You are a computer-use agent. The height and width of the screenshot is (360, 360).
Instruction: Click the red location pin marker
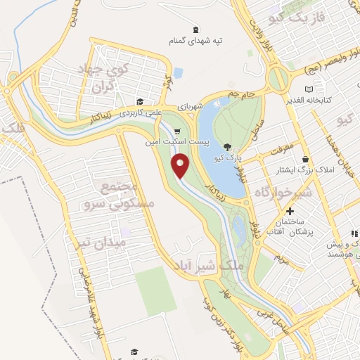point(181,166)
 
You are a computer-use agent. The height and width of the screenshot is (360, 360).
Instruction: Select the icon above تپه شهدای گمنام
point(195,29)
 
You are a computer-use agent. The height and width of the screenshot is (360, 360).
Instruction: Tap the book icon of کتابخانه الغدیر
point(310,89)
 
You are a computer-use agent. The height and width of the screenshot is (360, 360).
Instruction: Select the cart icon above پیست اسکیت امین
point(177,131)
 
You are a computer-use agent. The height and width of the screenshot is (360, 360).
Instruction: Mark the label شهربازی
point(190,107)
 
